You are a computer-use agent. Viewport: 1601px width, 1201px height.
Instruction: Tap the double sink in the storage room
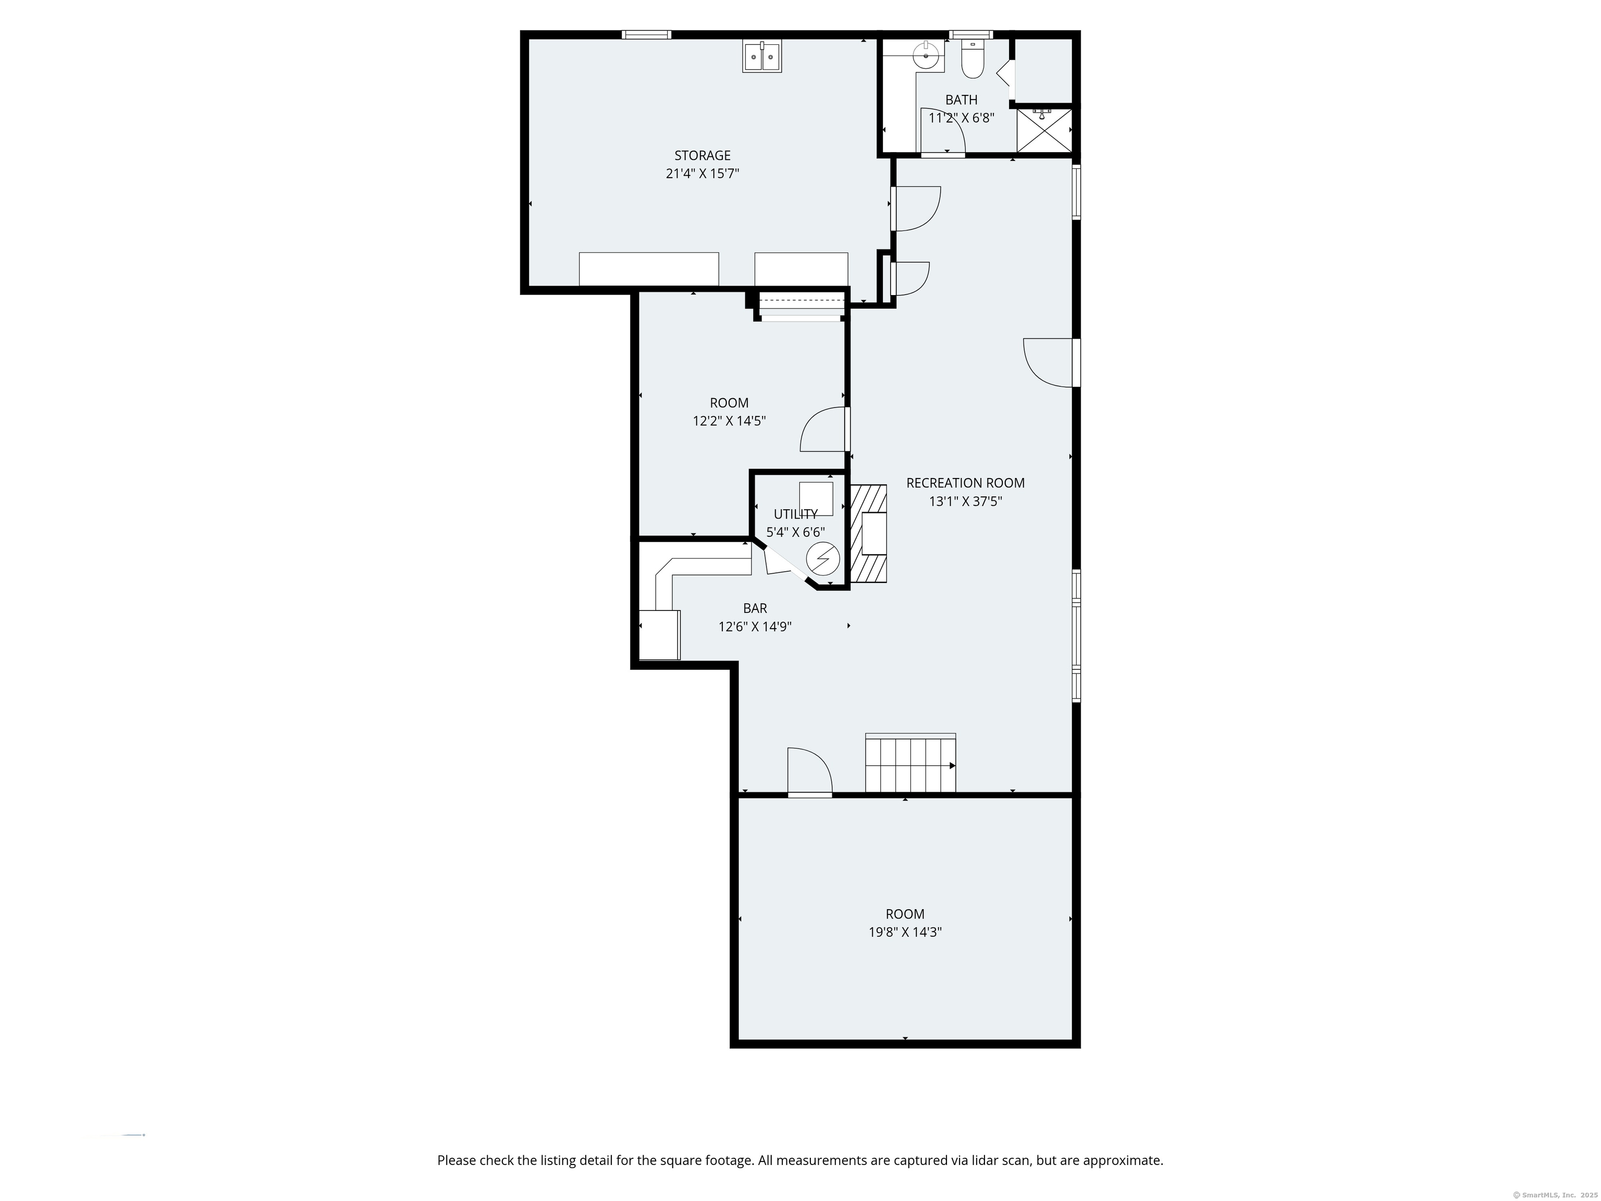(761, 56)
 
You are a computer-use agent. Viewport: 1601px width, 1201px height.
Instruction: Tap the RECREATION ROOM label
(965, 483)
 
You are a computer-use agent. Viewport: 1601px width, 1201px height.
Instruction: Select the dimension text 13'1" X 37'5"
(965, 501)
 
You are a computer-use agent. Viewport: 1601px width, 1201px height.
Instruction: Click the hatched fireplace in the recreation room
(869, 534)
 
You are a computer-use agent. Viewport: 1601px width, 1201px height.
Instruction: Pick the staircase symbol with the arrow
(910, 765)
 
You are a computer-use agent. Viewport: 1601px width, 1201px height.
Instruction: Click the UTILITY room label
(795, 514)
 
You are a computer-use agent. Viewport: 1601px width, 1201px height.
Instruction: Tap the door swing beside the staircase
(808, 771)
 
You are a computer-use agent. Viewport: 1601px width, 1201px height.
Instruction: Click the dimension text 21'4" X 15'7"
(702, 174)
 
